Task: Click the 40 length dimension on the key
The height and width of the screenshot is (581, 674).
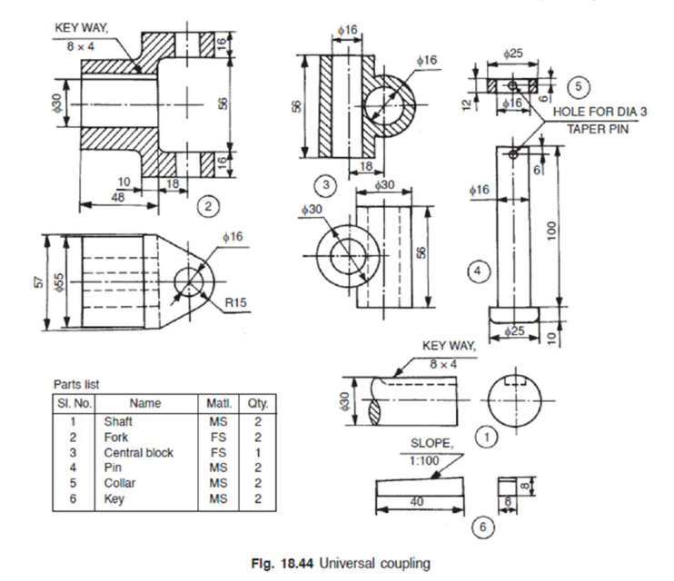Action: pos(417,502)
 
